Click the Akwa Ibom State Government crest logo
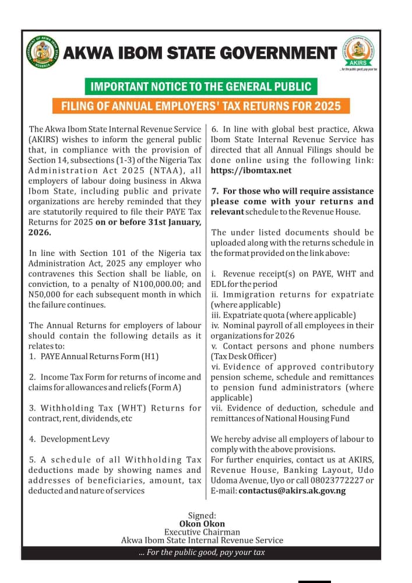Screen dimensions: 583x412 [43, 53]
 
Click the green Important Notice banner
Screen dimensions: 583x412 [201, 87]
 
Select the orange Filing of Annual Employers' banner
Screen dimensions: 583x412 [201, 106]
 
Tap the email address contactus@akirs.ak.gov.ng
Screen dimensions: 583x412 [292, 491]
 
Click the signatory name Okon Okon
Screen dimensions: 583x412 [202, 524]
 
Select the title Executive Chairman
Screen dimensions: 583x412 [202, 532]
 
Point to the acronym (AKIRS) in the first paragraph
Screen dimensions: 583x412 [47, 139]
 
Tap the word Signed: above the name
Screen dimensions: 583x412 [202, 515]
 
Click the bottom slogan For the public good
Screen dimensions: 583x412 [202, 552]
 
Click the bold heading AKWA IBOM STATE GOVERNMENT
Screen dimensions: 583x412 [199, 54]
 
